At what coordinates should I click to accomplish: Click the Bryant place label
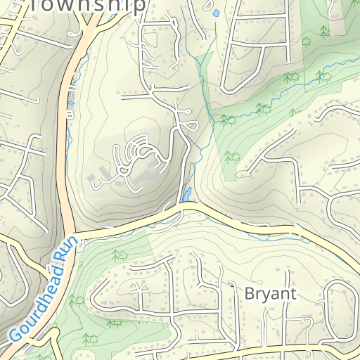270,293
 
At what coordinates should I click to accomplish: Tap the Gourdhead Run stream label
44,295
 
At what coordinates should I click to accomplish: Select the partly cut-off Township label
89,6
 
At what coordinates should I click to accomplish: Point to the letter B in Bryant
249,293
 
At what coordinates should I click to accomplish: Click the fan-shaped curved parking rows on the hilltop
134,149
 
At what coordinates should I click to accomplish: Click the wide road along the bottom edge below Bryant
281,349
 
